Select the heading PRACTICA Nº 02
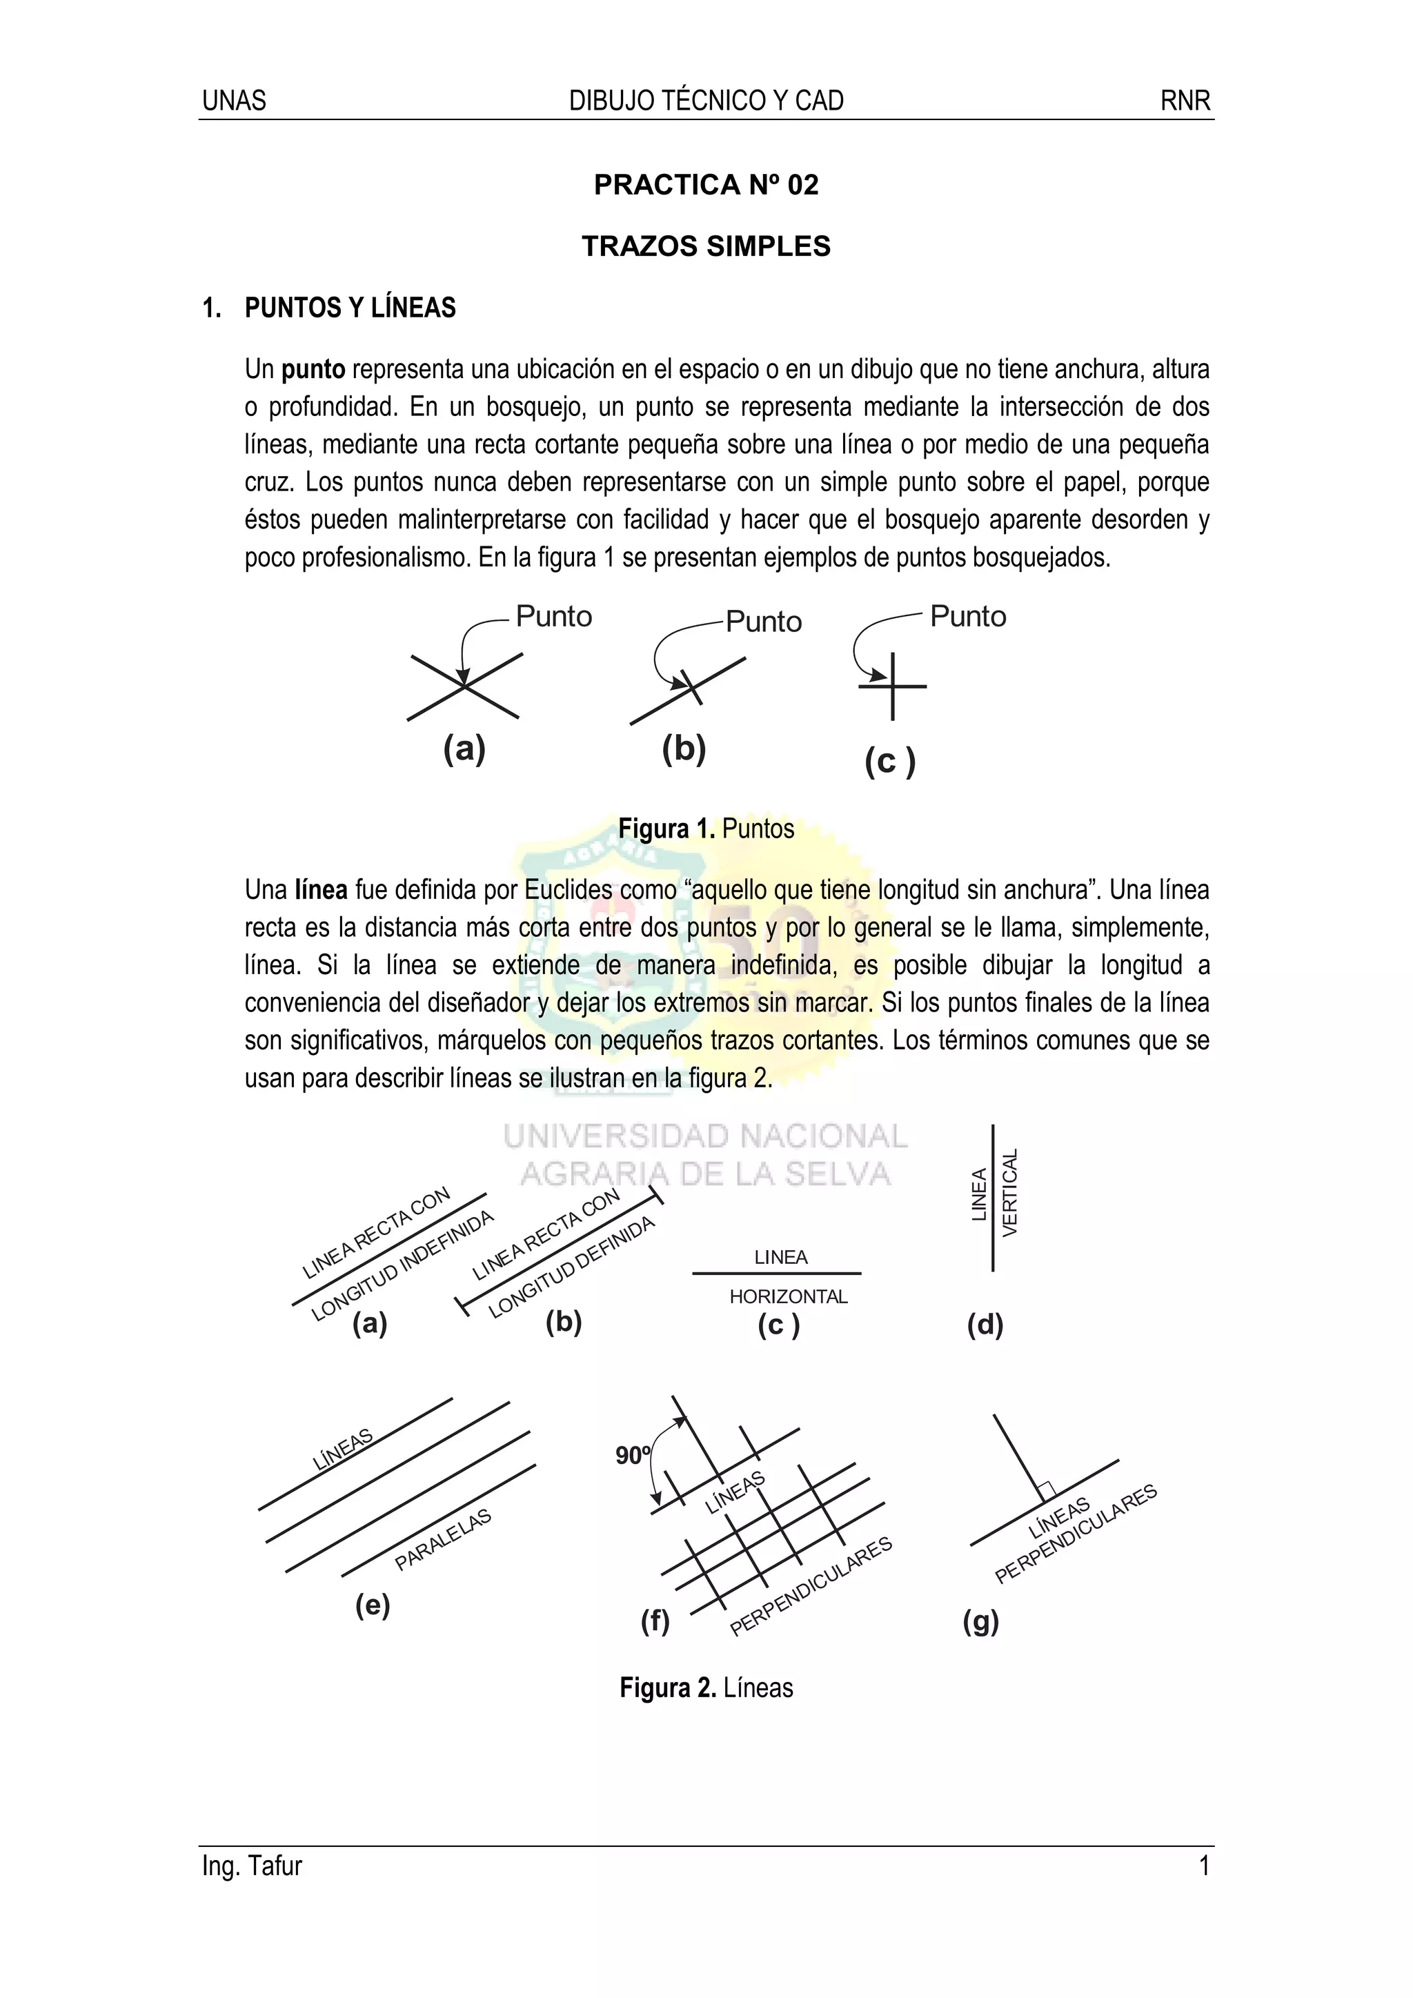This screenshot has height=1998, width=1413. click(x=706, y=184)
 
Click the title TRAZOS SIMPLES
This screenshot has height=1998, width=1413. click(x=706, y=246)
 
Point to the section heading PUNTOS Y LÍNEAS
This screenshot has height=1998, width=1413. click(x=350, y=308)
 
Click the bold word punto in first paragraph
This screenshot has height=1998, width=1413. click(x=313, y=370)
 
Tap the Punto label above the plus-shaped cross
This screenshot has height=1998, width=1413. click(x=967, y=616)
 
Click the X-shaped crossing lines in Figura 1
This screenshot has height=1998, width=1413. click(x=464, y=686)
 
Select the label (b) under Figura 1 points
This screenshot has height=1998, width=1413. click(x=684, y=749)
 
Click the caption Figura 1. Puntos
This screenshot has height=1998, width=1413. click(x=706, y=829)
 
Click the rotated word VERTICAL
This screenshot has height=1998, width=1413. click(x=1009, y=1193)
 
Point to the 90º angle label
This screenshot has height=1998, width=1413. click(x=633, y=1456)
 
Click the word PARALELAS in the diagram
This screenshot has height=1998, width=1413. click(x=443, y=1539)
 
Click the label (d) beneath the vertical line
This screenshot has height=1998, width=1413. click(x=985, y=1325)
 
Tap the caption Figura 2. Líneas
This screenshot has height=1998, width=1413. click(x=706, y=1688)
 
